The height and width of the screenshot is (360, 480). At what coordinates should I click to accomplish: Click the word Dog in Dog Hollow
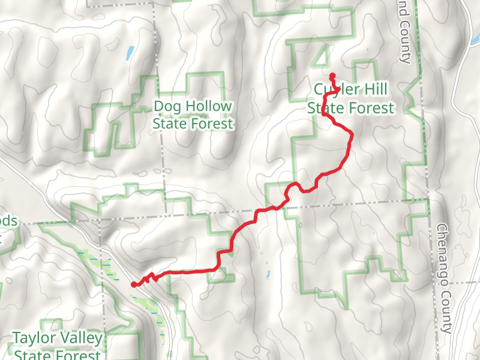166,107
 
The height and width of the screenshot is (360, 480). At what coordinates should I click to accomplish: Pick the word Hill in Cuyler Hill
374,90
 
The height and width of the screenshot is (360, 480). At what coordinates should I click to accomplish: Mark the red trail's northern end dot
332,76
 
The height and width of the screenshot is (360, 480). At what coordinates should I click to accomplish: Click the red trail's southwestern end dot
133,285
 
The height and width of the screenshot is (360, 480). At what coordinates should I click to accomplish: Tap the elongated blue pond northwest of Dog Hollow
130,53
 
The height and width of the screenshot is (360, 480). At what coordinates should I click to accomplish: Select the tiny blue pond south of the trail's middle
268,275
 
